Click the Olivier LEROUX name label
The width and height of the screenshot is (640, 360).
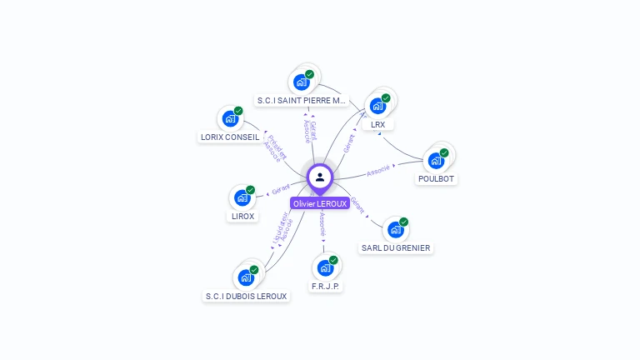(320, 203)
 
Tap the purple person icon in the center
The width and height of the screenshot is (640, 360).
(320, 177)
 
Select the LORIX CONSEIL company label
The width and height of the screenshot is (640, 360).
(230, 137)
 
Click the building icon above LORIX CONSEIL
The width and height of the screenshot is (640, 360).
(230, 118)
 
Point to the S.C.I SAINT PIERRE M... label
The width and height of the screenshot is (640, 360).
(301, 101)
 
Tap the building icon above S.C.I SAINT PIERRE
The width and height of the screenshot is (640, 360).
(301, 82)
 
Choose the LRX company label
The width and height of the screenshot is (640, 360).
(378, 124)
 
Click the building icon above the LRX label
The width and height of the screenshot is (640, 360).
(377, 106)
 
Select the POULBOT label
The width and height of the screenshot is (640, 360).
(437, 178)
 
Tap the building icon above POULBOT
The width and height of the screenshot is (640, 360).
(436, 161)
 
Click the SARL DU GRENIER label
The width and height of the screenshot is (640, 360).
(396, 247)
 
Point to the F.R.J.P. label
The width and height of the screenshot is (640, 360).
(326, 286)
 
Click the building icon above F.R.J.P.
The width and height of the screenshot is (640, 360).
(325, 268)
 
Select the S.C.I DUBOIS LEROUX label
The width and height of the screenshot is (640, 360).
(247, 296)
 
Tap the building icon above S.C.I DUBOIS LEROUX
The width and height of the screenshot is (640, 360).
(246, 277)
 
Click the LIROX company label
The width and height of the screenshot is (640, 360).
(242, 216)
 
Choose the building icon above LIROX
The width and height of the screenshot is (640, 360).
(242, 197)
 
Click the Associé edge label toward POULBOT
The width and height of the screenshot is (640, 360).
(378, 171)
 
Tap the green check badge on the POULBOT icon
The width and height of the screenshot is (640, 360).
(444, 153)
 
